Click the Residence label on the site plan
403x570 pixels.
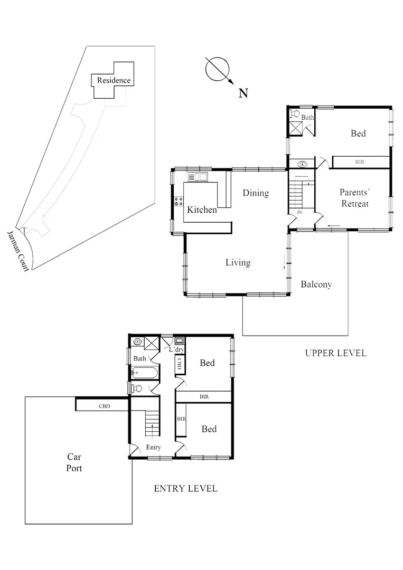[x=114, y=81]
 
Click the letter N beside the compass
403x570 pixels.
[x=243, y=94]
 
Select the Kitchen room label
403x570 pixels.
[x=202, y=210]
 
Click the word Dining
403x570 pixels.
[x=256, y=193]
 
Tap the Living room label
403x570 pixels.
[x=238, y=262]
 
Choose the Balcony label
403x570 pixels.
[x=316, y=284]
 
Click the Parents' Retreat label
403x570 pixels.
[x=354, y=198]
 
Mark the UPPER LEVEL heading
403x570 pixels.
[x=335, y=353]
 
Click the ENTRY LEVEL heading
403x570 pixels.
[x=185, y=489]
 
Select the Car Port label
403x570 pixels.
[x=74, y=462]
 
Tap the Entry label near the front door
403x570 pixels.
[x=154, y=448]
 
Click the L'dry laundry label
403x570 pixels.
[x=176, y=350]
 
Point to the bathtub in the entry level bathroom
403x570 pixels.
[x=144, y=374]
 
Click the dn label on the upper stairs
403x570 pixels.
[x=299, y=212]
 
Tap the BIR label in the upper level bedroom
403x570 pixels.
[x=360, y=161]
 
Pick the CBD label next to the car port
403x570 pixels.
[x=104, y=407]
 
